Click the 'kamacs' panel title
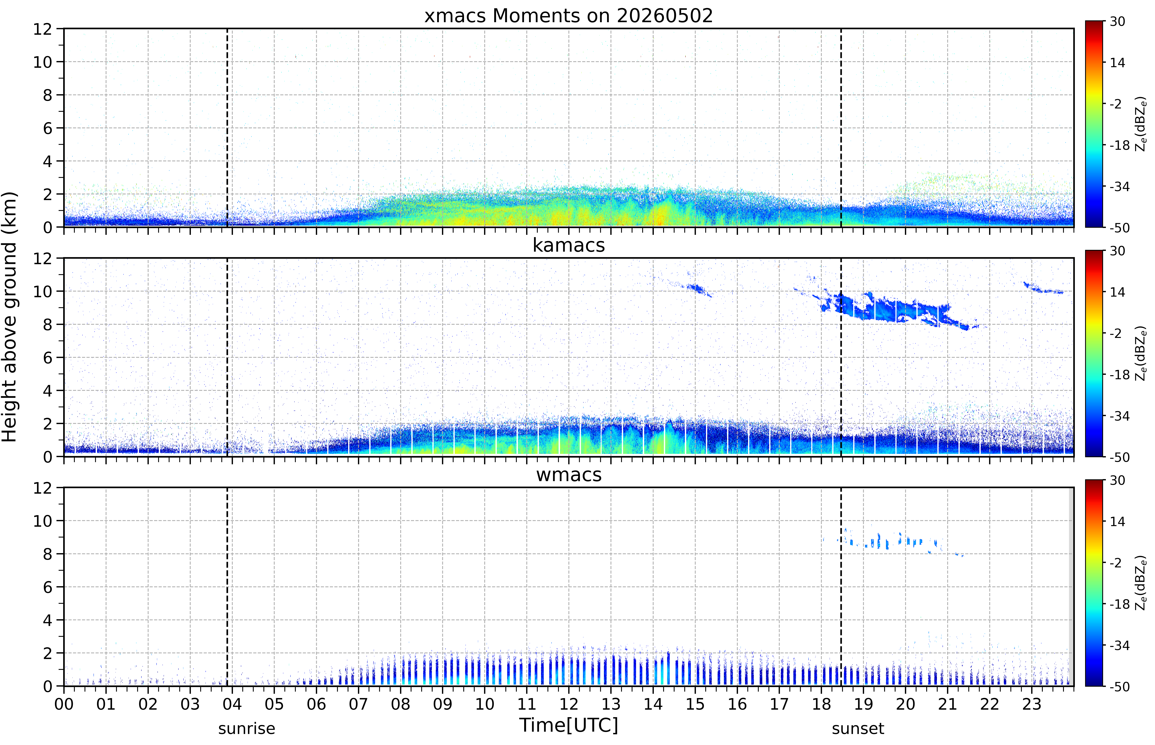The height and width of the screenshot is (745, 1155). (569, 245)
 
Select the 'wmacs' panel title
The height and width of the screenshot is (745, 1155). (569, 475)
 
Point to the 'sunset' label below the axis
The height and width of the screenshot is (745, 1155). (858, 728)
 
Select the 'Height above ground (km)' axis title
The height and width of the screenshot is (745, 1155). (10, 317)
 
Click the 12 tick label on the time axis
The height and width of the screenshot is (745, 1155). (569, 704)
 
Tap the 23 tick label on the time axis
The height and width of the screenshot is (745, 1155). (1032, 704)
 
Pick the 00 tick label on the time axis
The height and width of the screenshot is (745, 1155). (64, 704)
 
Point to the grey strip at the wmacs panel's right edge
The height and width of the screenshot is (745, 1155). (1071, 586)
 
